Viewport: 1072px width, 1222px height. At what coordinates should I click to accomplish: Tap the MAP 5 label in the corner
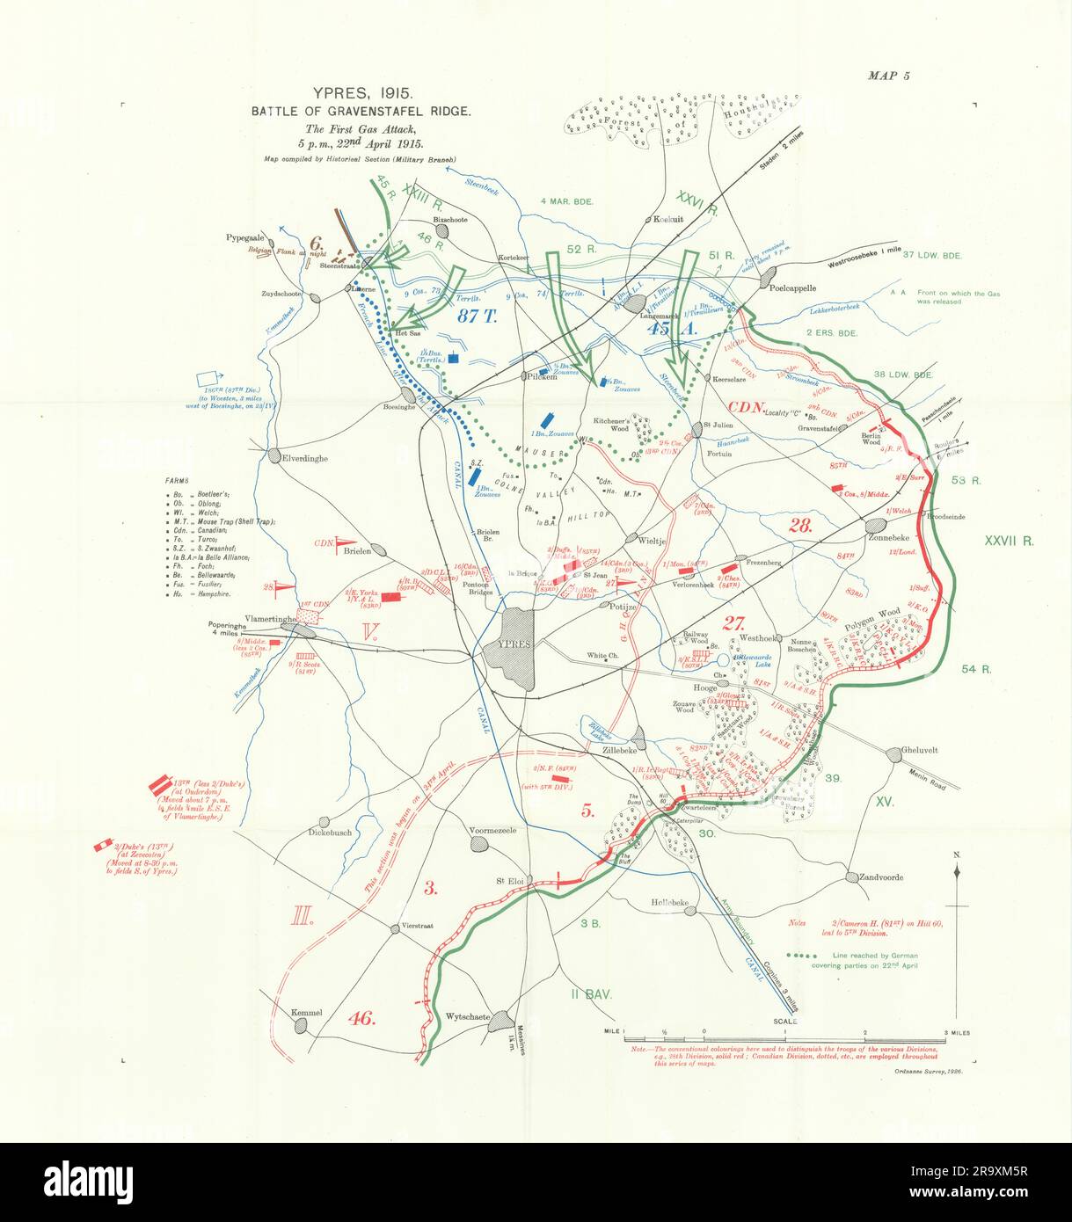pyautogui.click(x=888, y=76)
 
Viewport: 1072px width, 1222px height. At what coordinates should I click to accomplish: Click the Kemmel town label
pyautogui.click(x=307, y=1013)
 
